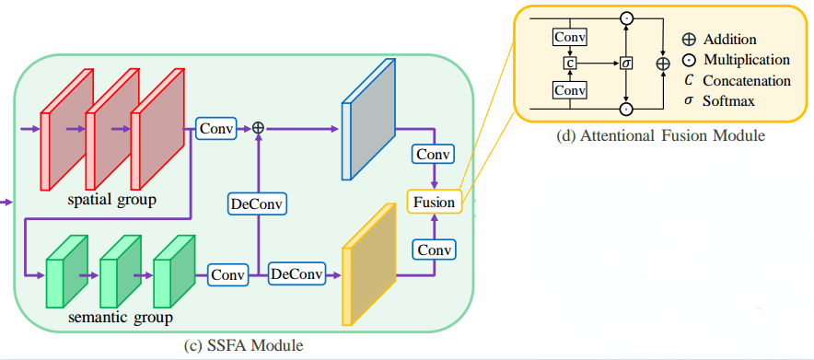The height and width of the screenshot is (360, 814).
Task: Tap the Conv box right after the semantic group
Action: [x=228, y=274]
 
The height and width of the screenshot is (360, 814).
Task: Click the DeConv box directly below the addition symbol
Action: [x=258, y=203]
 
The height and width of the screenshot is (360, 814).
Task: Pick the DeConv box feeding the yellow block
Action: [x=297, y=274]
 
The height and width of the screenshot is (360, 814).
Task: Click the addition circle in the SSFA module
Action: [x=258, y=130]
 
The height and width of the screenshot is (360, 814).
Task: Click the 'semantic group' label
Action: [x=121, y=319]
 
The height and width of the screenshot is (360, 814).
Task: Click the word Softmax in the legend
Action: [x=728, y=100]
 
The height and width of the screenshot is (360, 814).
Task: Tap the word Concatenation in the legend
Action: [x=747, y=80]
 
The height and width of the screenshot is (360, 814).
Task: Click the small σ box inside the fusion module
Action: [x=625, y=64]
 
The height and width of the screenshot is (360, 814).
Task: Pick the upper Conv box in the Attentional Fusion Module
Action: [x=570, y=37]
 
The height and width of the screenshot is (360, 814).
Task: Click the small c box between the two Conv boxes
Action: [x=570, y=64]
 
